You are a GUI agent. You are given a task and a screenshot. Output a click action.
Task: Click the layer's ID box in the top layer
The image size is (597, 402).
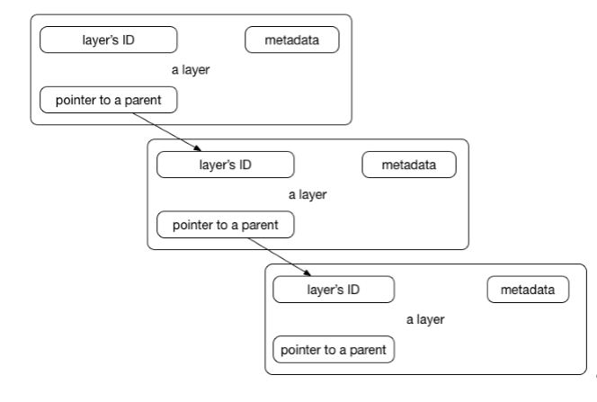[109, 40]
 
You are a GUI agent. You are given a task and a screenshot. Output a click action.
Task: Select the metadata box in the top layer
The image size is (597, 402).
[292, 40]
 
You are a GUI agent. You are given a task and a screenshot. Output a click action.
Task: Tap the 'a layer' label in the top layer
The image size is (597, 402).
[191, 70]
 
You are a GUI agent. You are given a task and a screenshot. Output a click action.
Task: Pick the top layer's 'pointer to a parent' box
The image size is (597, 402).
[109, 100]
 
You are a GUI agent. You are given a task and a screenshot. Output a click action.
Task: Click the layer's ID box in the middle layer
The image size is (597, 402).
[226, 165]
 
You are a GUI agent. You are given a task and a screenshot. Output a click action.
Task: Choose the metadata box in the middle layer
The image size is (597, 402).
[409, 165]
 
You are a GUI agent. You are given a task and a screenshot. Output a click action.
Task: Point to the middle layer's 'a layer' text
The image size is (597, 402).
[307, 195]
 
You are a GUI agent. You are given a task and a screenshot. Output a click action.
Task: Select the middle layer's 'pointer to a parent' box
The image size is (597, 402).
[226, 225]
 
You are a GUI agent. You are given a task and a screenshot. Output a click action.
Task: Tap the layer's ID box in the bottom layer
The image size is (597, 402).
[334, 290]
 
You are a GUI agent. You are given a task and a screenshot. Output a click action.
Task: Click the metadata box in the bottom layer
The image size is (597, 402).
[528, 290]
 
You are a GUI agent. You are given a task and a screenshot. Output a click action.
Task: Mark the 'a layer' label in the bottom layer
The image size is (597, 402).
[425, 320]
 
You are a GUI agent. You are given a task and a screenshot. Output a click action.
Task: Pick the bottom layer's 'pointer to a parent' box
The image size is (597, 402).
[334, 350]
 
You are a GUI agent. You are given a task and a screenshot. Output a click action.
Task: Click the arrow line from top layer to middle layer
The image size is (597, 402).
[166, 132]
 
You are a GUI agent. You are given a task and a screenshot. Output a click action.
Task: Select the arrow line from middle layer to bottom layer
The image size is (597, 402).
[280, 257]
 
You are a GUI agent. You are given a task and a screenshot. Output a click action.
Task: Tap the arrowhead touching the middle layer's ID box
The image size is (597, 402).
[197, 148]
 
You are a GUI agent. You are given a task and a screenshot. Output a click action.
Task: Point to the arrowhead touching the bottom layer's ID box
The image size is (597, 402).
[307, 273]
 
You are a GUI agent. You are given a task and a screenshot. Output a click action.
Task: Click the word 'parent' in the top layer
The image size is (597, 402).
[143, 101]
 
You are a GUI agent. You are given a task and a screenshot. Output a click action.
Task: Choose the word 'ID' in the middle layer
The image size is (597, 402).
[245, 165]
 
